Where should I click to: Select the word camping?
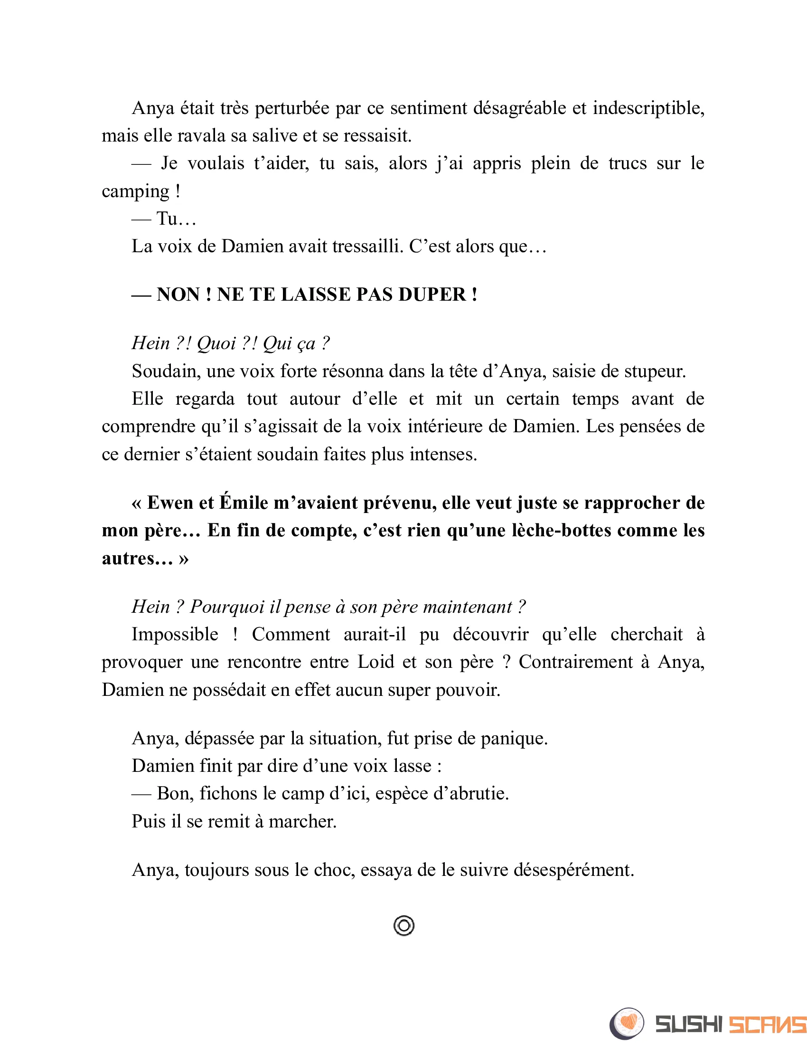(135, 191)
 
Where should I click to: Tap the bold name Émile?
(244, 503)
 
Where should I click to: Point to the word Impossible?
(175, 635)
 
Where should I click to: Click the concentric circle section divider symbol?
(404, 926)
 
